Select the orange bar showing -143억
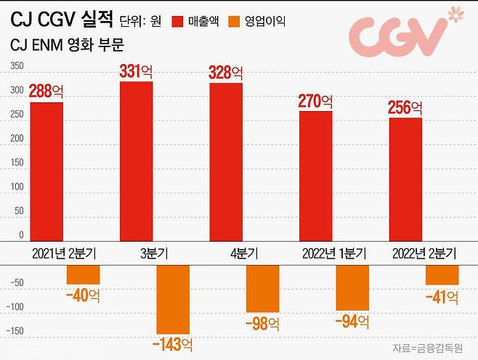[172, 299]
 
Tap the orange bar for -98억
[262, 288]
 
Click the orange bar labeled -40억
[83, 274]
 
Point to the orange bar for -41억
[442, 274]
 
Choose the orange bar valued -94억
[352, 287]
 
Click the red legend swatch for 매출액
[179, 21]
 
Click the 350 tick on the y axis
[17, 67]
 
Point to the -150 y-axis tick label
[15, 331]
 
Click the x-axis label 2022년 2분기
[424, 254]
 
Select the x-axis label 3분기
[155, 254]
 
